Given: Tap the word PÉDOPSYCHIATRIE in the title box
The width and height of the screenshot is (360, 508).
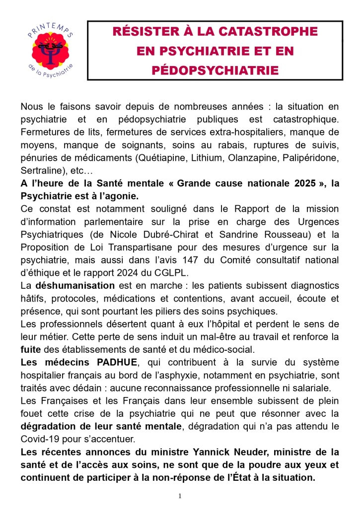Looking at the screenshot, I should [x=215, y=70].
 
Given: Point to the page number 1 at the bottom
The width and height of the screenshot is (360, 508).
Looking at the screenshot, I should [x=180, y=496].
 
